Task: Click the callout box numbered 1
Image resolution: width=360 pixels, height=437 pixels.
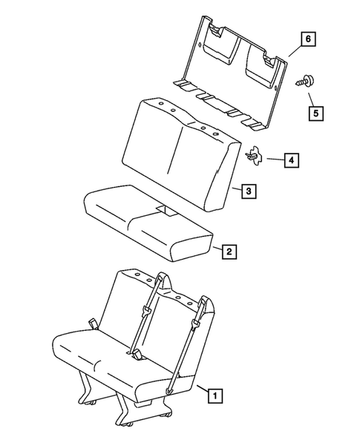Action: [214, 396]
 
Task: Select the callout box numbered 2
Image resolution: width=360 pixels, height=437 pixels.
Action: [230, 252]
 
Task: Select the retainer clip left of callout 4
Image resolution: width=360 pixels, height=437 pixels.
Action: [254, 155]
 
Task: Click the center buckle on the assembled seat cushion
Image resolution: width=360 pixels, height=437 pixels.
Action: [140, 358]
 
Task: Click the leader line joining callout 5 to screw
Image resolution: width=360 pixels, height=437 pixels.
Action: [312, 95]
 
